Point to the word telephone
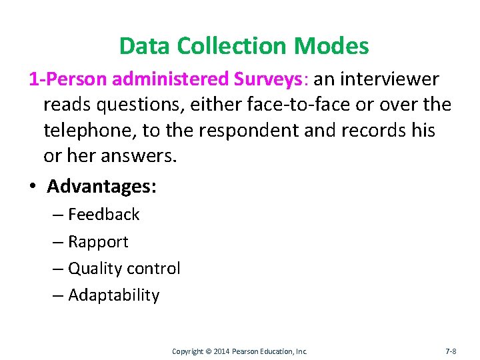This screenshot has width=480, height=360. pyautogui.click(x=89, y=131)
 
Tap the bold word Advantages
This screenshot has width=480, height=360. pyautogui.click(x=101, y=186)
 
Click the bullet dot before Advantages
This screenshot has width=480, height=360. pyautogui.click(x=32, y=187)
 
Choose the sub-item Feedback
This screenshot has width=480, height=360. pyautogui.click(x=104, y=215)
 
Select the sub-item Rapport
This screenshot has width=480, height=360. pyautogui.click(x=98, y=242)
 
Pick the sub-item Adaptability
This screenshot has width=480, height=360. pyautogui.click(x=114, y=295)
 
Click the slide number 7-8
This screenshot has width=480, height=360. pyautogui.click(x=451, y=351)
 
